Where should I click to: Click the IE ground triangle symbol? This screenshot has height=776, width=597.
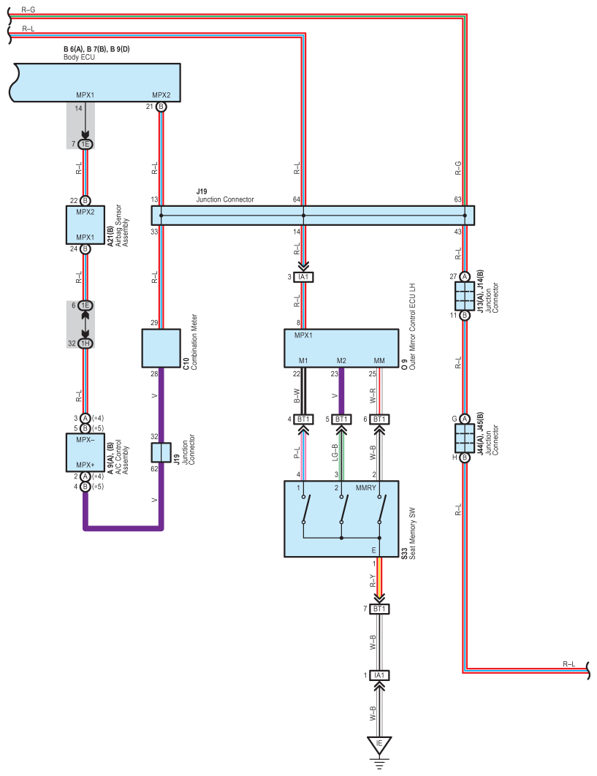click(x=379, y=745)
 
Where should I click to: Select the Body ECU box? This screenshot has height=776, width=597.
click(x=96, y=83)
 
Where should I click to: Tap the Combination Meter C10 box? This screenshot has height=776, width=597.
click(x=161, y=349)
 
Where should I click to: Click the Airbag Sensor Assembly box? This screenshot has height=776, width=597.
click(x=85, y=224)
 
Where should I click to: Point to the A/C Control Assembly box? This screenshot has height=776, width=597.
click(x=85, y=452)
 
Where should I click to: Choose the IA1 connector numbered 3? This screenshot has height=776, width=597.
click(x=303, y=277)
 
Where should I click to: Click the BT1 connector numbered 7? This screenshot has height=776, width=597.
click(x=379, y=609)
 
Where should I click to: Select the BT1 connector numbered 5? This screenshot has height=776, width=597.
click(x=341, y=419)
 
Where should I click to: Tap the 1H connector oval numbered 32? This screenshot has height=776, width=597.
click(x=85, y=343)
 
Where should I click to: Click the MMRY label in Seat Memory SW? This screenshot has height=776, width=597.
click(x=366, y=488)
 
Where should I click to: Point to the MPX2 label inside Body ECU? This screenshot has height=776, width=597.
click(x=161, y=95)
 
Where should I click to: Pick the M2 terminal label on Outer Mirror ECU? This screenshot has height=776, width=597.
click(x=341, y=361)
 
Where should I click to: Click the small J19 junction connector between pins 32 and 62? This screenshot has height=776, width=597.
click(x=161, y=452)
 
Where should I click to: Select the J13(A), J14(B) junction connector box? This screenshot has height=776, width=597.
click(x=464, y=296)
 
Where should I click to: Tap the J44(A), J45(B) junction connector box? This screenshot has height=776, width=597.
click(x=464, y=438)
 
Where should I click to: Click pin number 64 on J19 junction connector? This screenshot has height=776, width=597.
click(x=297, y=199)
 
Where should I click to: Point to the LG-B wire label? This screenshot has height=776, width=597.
click(x=335, y=452)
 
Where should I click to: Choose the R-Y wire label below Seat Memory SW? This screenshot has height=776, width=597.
click(x=373, y=580)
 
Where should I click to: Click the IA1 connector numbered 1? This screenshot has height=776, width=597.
click(x=379, y=675)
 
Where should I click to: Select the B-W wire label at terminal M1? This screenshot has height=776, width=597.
click(x=297, y=395)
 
